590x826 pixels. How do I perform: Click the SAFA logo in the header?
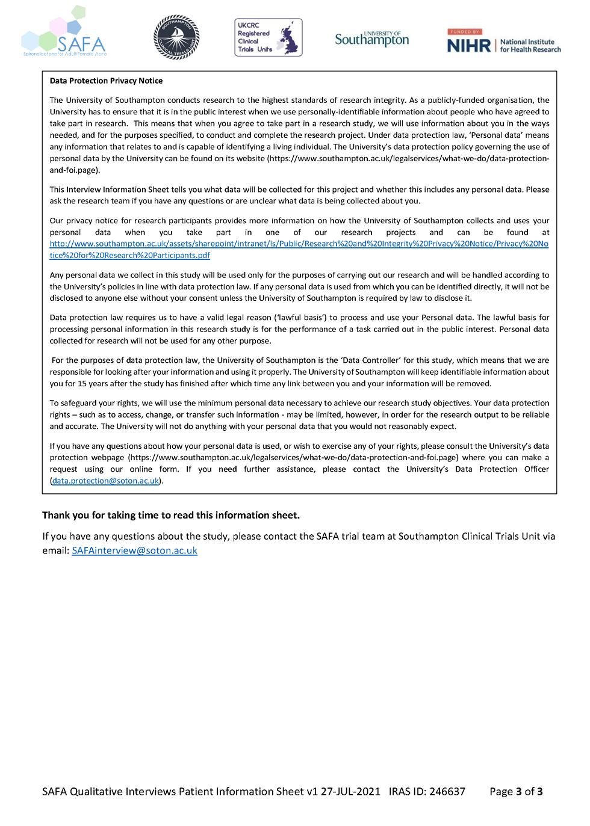point(63,34)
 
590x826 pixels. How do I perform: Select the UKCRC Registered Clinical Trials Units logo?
point(268,37)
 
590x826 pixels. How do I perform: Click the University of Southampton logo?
point(371,39)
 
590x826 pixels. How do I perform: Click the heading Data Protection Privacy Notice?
point(106,81)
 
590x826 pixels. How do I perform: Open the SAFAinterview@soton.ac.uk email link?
point(134,550)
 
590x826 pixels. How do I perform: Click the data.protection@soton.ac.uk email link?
point(105,481)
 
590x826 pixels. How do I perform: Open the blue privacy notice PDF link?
point(299,249)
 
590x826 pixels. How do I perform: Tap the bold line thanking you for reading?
point(171,515)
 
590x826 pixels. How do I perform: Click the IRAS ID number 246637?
point(447,791)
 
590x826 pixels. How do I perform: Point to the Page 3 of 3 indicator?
point(516,791)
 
